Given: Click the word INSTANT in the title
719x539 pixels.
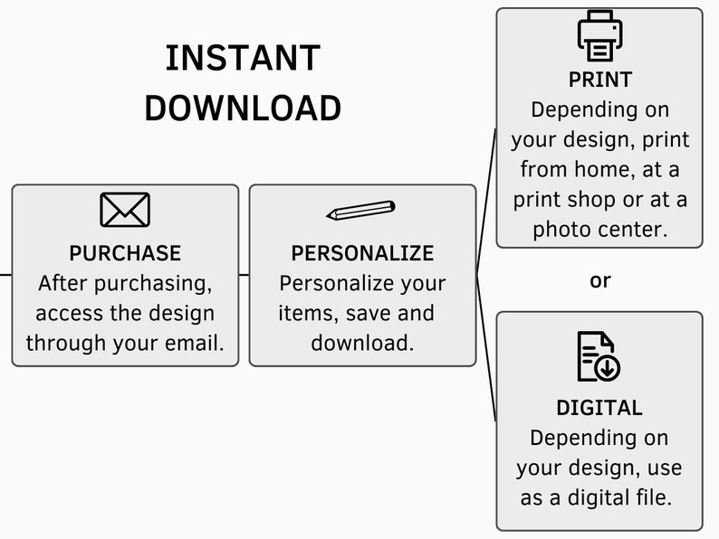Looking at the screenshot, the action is [x=243, y=58].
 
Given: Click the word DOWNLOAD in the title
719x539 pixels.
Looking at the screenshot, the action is [x=243, y=109].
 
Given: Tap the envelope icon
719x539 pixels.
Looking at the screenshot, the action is [x=125, y=210].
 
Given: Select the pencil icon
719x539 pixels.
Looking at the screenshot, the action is [x=361, y=210].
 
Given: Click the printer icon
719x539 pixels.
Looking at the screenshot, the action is [x=599, y=35].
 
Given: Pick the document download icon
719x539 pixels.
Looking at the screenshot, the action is [x=599, y=356].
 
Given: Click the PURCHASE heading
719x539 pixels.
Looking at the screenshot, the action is [x=125, y=253].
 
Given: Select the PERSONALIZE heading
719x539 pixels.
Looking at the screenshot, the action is [x=362, y=253].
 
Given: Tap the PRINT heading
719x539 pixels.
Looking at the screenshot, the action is [x=600, y=80].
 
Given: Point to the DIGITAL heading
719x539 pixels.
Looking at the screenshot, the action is [x=599, y=408].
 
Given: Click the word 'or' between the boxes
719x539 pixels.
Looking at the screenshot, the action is [x=600, y=280].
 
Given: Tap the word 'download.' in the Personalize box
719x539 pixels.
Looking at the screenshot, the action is [x=362, y=343].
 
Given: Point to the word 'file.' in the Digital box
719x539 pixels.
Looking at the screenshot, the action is [x=651, y=497].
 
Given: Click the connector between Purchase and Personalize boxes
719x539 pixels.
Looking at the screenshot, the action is [x=244, y=275].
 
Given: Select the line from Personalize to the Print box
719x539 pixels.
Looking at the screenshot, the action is [x=486, y=202].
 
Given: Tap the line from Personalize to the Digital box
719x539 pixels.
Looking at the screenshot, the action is [x=486, y=348].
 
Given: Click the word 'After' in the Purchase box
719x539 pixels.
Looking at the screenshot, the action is [x=62, y=283].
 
